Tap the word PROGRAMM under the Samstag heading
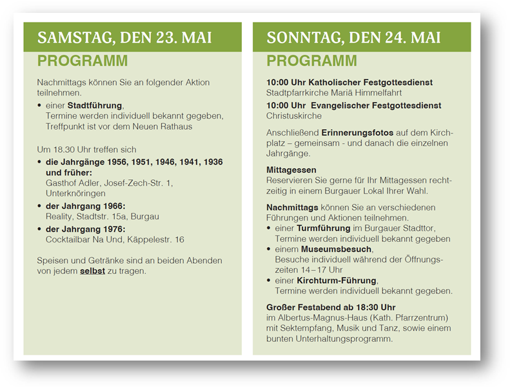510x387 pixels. point(82,61)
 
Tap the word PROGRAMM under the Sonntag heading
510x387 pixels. point(311,61)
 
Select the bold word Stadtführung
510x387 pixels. point(95,105)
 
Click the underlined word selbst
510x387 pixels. point(92,271)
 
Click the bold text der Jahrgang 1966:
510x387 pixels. point(85,206)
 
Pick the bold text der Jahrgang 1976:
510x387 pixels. point(85,229)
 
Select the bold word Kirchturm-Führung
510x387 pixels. point(336,281)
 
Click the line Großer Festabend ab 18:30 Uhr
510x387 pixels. point(331,307)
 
